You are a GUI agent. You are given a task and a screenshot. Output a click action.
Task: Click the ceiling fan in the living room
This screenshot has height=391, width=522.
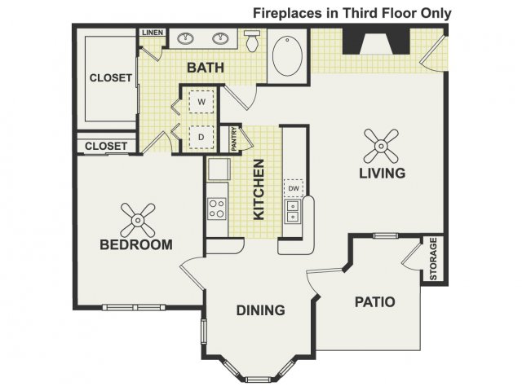point(381,146)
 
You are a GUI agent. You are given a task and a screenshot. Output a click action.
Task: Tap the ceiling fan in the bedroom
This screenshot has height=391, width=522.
point(138,220)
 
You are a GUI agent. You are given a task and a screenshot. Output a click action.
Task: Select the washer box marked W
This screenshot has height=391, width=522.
point(201,101)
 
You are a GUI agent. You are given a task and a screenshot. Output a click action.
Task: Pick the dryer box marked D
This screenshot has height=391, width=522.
point(201,137)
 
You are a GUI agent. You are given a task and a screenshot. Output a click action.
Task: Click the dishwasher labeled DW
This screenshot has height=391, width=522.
point(294,188)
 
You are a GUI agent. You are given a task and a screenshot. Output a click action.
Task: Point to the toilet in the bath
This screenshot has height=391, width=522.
point(252,41)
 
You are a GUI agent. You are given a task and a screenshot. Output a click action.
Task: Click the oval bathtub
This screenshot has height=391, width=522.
point(288,56)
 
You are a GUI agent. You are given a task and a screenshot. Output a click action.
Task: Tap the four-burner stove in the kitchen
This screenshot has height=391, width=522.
point(217,209)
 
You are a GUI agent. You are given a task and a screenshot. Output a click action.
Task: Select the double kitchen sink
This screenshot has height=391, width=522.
point(292,212)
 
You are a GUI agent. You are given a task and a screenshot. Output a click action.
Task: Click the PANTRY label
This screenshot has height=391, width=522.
point(234,138)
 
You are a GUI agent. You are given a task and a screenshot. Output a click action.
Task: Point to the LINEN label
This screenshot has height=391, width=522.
point(153,33)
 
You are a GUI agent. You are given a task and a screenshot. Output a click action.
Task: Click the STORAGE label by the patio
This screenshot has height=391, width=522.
point(433,258)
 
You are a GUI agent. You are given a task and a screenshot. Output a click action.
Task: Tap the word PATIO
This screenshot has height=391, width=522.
point(375,302)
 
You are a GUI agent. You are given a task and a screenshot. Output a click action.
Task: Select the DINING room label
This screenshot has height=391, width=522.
point(261,310)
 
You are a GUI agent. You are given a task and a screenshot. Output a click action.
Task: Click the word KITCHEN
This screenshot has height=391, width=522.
point(259,190)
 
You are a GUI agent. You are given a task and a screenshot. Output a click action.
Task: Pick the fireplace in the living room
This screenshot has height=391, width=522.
point(376,42)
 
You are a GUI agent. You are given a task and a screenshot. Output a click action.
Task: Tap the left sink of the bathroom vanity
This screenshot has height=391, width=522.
point(185,38)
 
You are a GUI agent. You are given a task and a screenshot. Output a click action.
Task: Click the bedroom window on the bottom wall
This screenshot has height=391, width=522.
point(134,307)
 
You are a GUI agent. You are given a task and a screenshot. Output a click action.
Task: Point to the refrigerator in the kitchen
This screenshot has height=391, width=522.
point(219,169)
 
